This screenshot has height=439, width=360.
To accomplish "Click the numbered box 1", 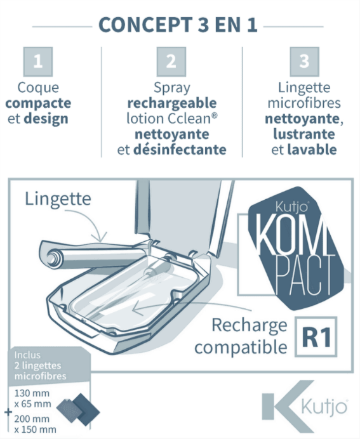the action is (38, 62).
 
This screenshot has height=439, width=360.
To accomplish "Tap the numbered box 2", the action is (171, 62).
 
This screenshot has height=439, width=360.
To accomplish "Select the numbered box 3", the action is (304, 62).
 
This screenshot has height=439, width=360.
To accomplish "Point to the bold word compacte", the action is (38, 103).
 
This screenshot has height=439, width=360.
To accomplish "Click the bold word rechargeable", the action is (172, 103).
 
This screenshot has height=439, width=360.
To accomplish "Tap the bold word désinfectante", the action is (180, 150).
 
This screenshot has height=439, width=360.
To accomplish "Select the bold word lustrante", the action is (304, 134).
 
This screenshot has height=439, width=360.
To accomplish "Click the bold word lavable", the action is (312, 150).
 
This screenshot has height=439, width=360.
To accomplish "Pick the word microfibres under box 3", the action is (304, 103).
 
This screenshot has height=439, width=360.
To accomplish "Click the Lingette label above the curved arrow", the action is (58, 199).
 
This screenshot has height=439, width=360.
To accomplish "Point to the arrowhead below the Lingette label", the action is (101, 237).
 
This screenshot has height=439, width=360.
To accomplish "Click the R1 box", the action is (316, 336).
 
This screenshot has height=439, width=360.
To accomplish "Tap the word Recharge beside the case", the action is (250, 325).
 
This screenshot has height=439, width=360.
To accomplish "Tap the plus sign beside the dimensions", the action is (8, 412).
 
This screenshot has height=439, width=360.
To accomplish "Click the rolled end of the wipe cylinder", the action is (52, 258).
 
